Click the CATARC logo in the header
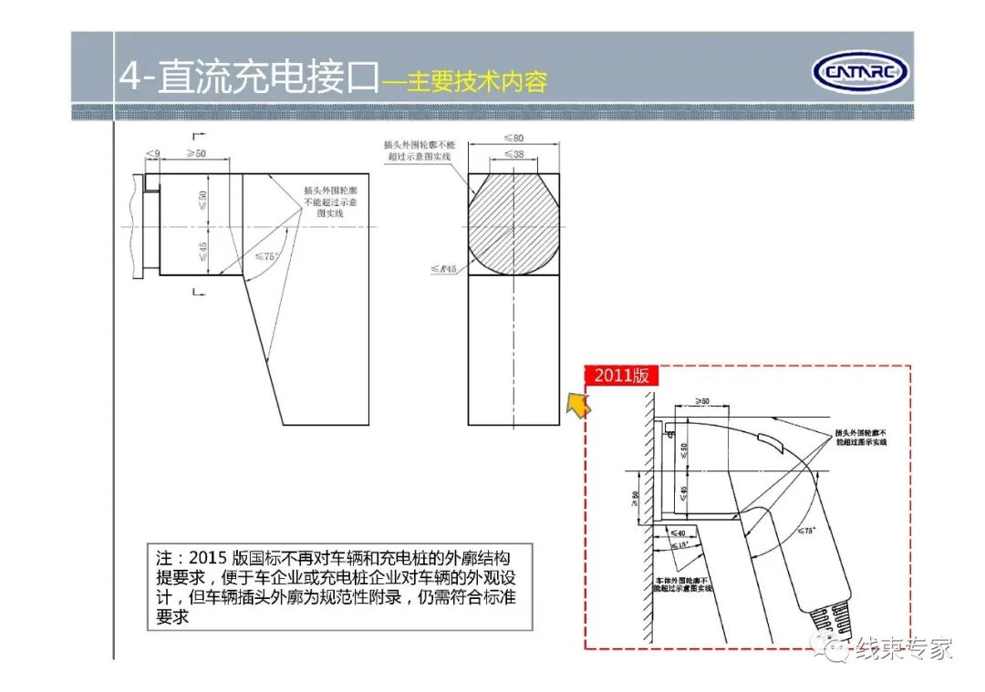[859, 71]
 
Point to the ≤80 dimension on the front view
[513, 139]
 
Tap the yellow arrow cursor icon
[575, 405]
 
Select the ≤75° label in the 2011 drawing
[806, 530]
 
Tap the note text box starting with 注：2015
[339, 587]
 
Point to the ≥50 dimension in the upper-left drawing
[195, 153]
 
